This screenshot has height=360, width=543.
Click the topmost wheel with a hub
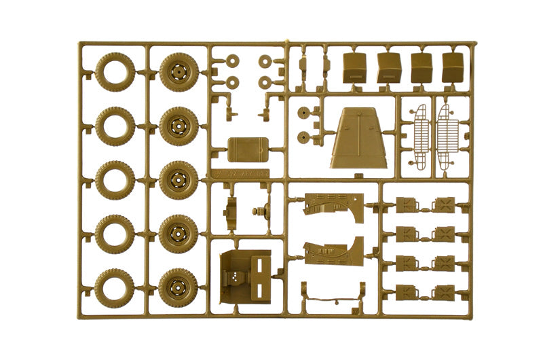point(179,71)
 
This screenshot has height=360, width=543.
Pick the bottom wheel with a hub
point(179,288)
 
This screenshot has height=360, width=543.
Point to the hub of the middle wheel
point(179,180)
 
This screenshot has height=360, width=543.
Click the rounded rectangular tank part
point(246,149)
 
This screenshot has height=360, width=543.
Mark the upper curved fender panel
point(333,206)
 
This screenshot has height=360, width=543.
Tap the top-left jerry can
point(408,204)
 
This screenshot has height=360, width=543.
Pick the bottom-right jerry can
point(445,292)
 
